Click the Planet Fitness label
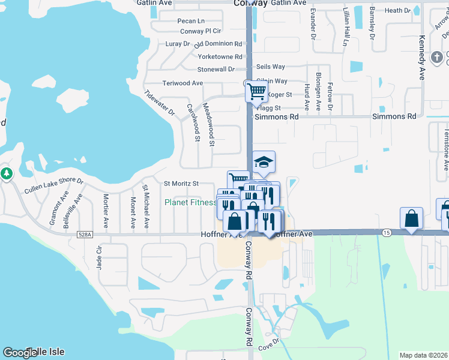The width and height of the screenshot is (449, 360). point(190,203)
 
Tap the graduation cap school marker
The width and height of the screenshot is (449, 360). point(264,162)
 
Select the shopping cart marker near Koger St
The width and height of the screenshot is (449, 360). point(256,92)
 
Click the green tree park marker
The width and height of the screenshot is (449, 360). point(6,174)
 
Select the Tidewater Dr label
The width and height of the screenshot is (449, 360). point(159,103)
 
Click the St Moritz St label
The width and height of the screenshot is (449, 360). point(181,183)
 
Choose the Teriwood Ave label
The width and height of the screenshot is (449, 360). point(182,83)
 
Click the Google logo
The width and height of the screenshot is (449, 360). point(20,353)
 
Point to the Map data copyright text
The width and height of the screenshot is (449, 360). point(423,355)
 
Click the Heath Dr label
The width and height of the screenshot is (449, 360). point(397,11)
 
